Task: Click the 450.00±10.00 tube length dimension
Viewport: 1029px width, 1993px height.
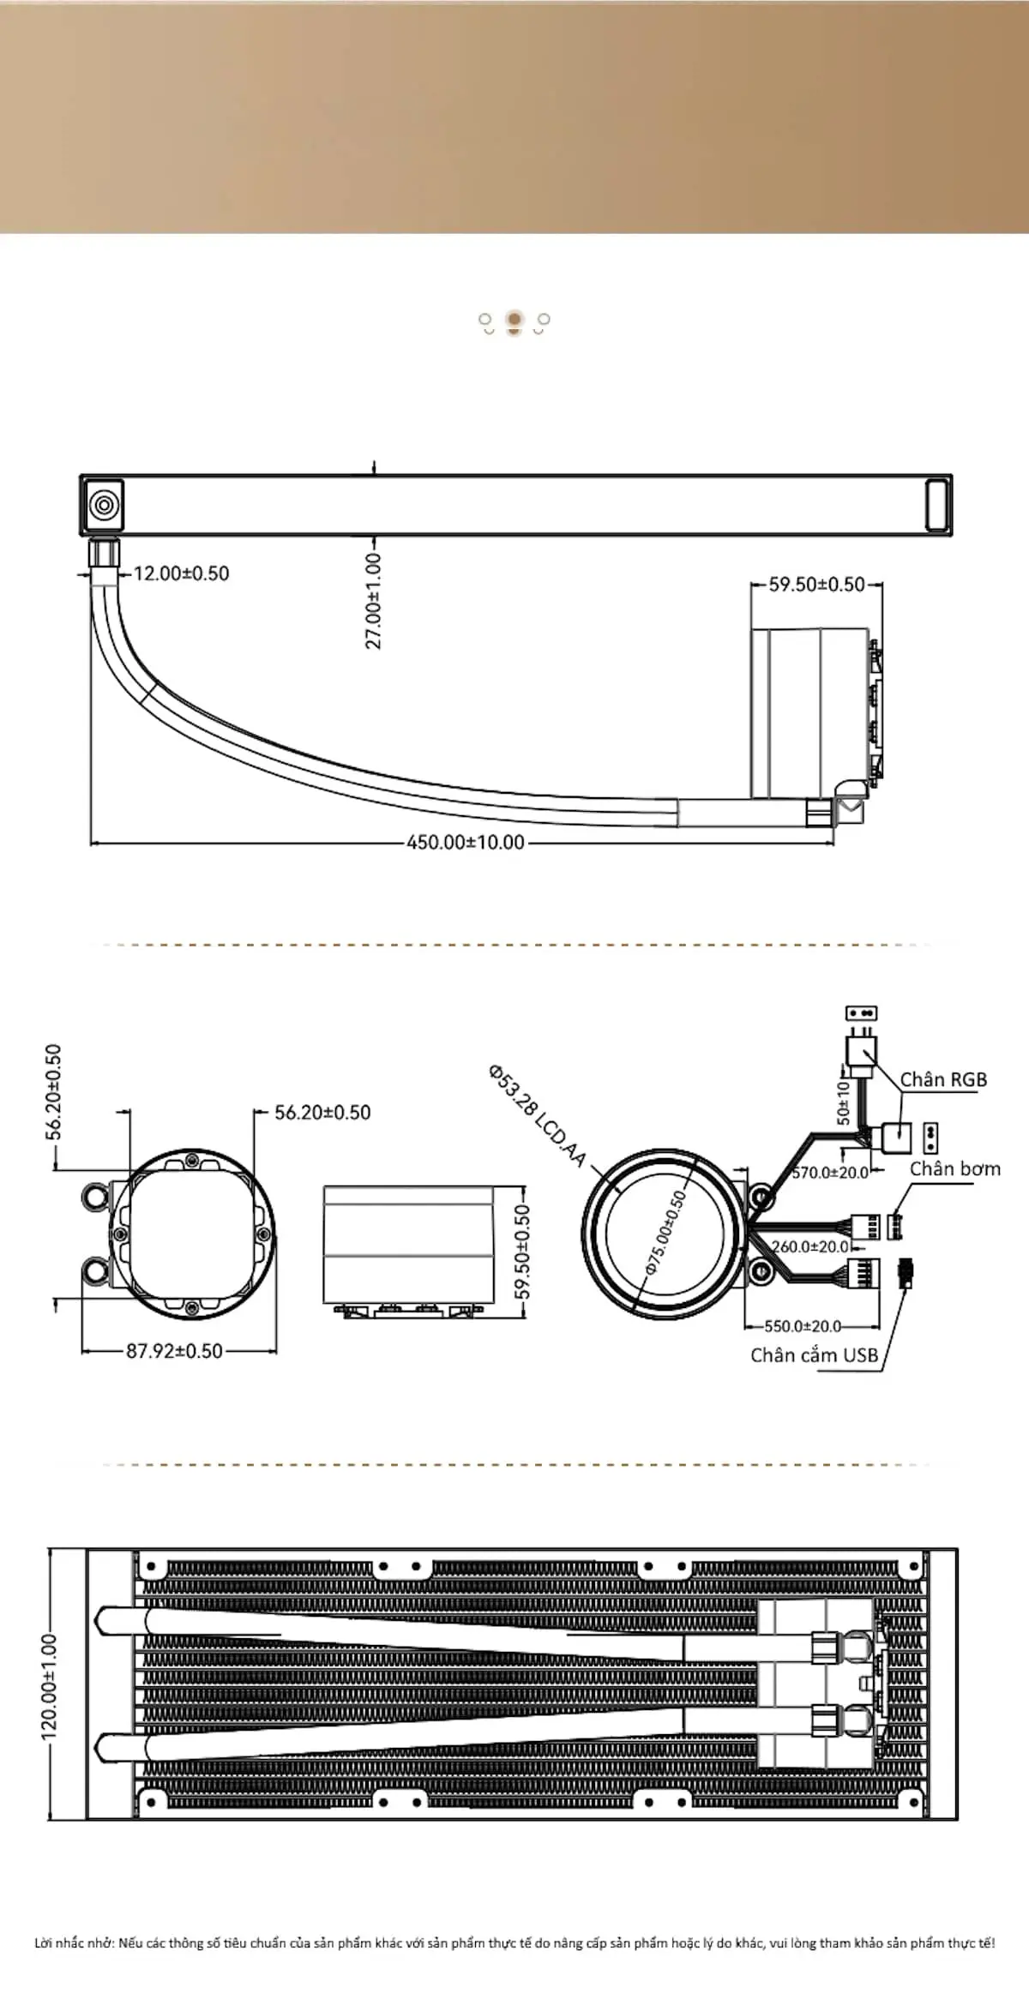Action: click(466, 842)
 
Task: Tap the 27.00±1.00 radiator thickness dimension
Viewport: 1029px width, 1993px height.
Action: click(374, 601)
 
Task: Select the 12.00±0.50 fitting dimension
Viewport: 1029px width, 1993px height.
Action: click(182, 573)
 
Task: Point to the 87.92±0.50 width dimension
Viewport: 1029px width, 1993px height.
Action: click(175, 1351)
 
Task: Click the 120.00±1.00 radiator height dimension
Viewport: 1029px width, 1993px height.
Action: click(50, 1687)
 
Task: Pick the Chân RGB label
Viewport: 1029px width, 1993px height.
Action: click(943, 1079)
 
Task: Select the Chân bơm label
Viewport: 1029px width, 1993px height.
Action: click(955, 1168)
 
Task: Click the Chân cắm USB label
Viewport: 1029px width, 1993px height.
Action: click(815, 1354)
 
